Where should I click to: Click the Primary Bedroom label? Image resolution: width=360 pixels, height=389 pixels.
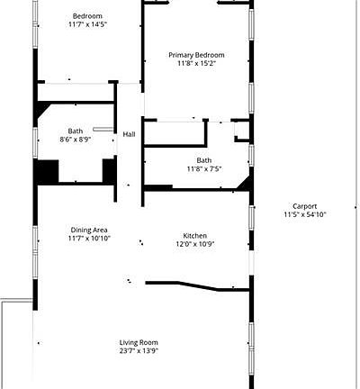196,55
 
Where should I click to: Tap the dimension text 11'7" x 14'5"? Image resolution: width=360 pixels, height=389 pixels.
87,25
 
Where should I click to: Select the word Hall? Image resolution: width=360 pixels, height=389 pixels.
129,135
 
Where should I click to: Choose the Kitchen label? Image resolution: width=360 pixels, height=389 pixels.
194,235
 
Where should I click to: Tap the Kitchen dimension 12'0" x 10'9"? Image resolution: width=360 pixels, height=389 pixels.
194,244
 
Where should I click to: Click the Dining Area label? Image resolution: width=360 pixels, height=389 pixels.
88,230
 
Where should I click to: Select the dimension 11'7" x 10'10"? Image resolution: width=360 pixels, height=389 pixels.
88,239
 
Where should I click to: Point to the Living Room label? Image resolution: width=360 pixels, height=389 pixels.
139,342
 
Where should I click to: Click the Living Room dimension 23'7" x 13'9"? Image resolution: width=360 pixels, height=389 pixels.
139,351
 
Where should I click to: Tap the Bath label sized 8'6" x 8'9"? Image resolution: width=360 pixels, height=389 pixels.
75,131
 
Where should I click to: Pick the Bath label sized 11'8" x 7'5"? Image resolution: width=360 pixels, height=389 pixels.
204,160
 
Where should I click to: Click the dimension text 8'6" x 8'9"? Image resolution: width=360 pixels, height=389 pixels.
75,140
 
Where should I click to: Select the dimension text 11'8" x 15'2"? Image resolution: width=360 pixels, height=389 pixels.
196,64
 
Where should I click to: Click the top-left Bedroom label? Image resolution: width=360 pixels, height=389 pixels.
87,16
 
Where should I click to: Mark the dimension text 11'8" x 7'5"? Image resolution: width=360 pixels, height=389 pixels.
204,169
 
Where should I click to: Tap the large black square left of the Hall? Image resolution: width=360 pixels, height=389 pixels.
46,171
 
